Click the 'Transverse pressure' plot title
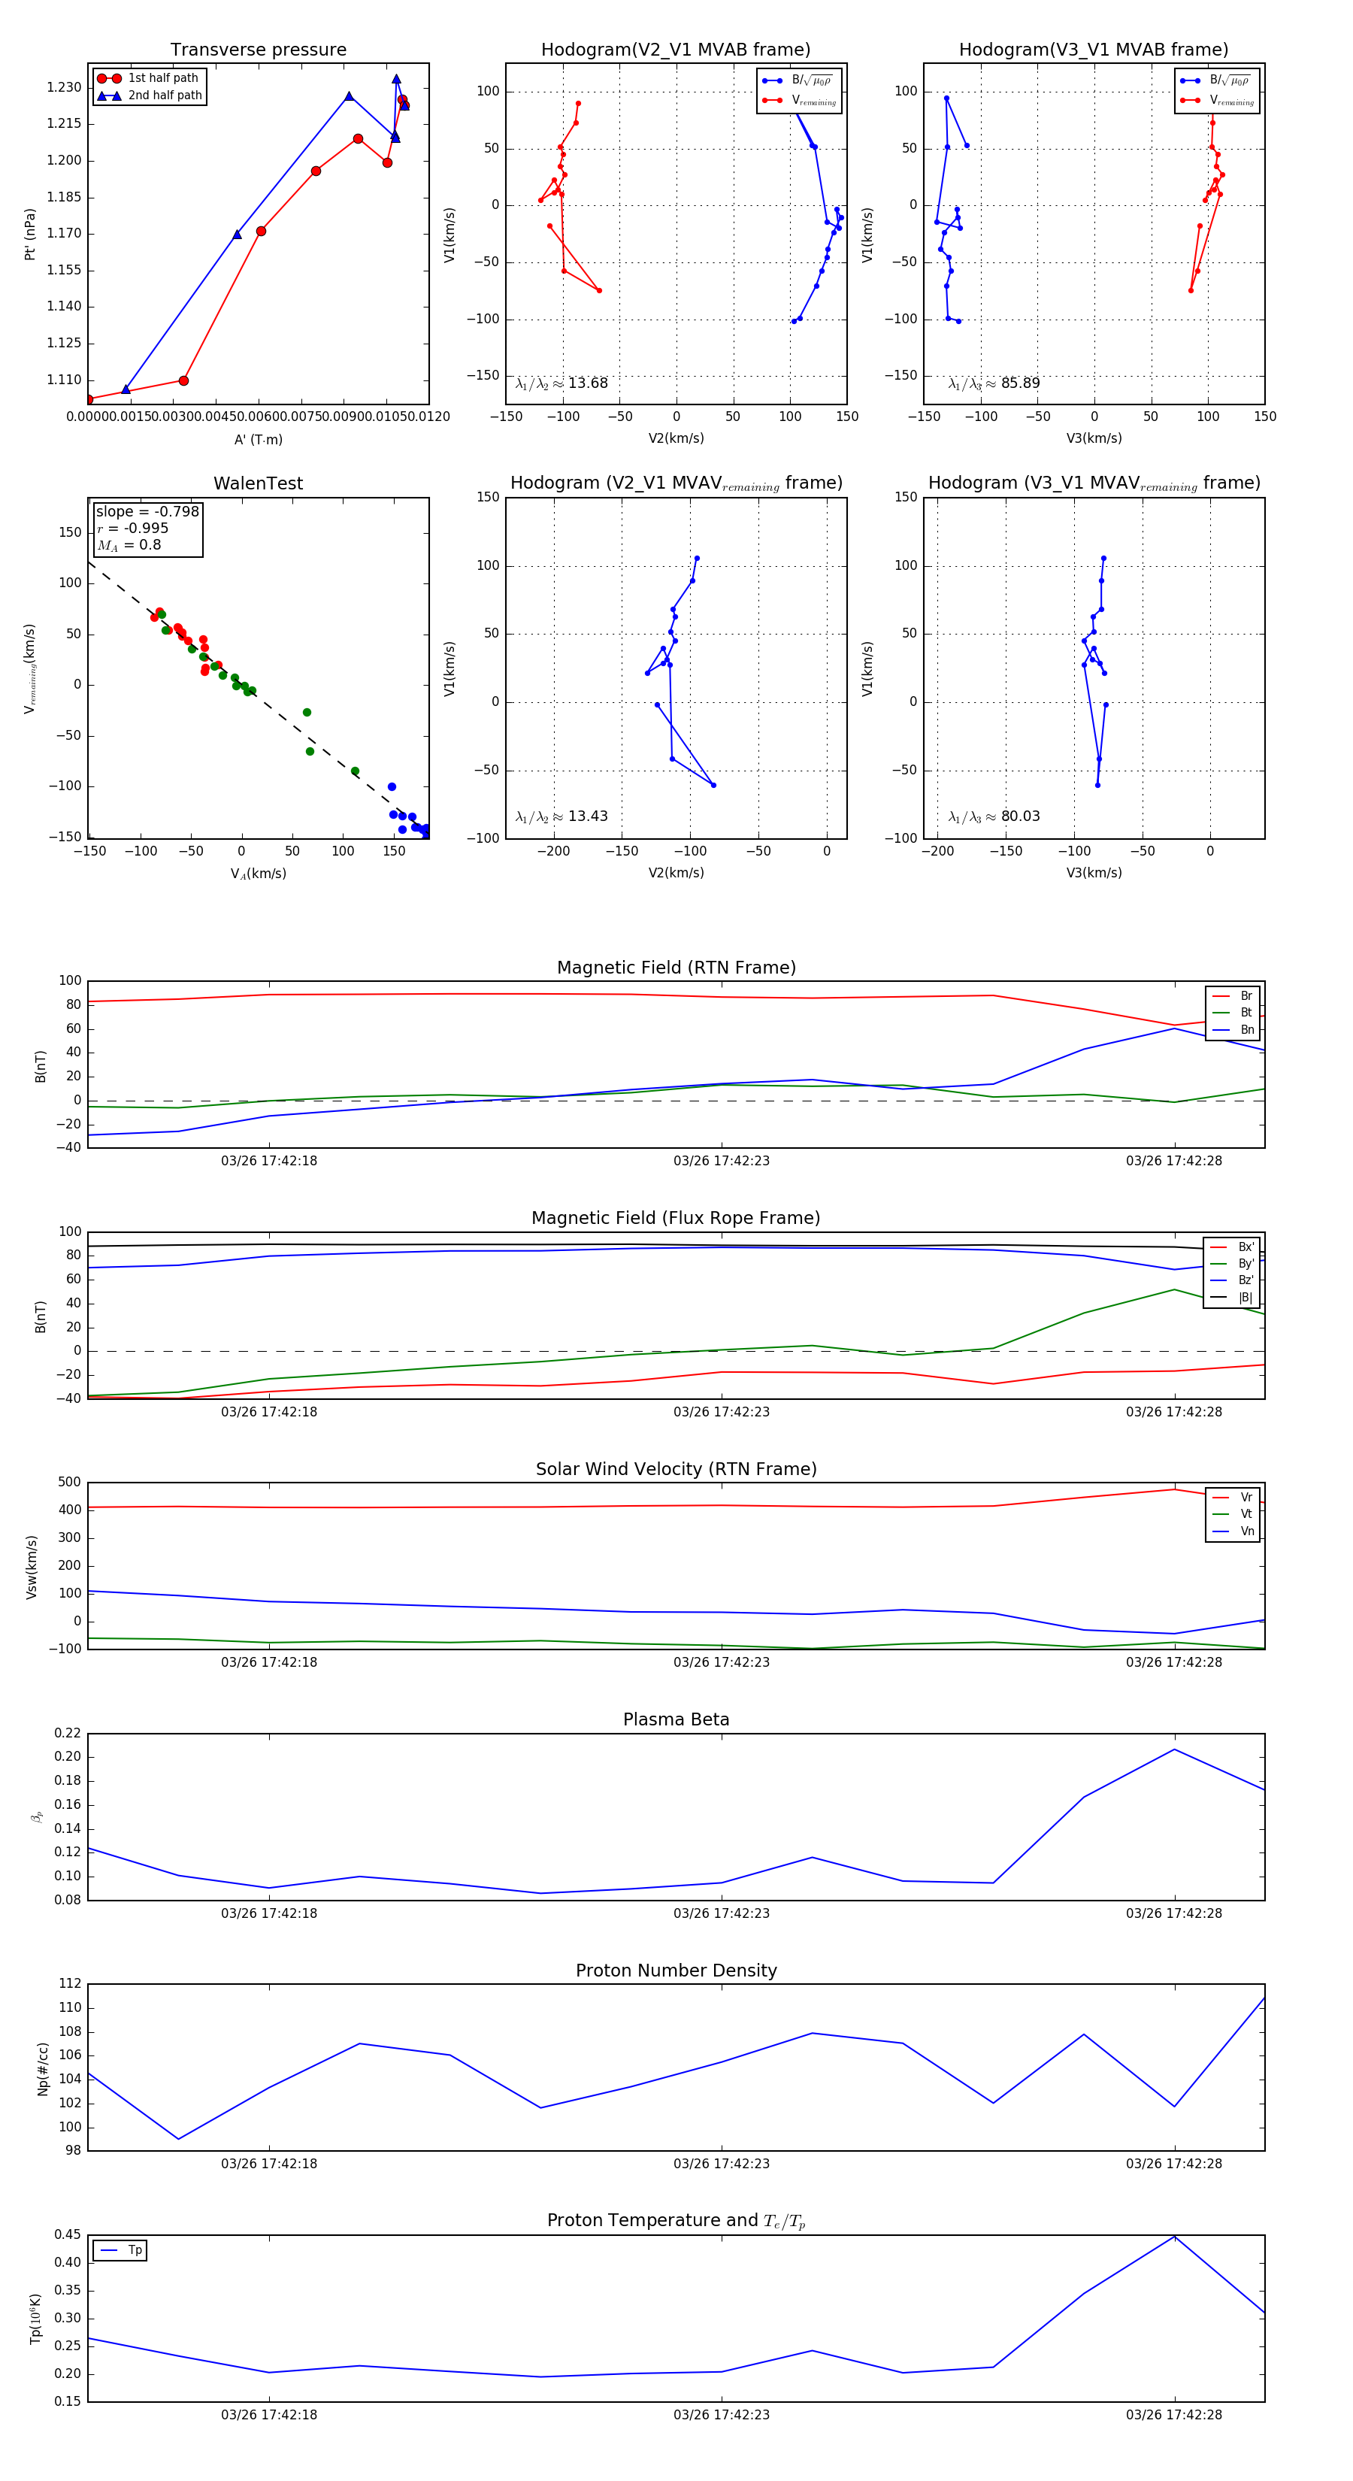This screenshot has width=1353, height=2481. [x=258, y=50]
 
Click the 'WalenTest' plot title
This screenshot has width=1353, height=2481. [x=258, y=483]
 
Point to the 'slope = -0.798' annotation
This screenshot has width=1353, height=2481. [x=147, y=511]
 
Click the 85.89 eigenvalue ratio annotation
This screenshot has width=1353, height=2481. [x=994, y=383]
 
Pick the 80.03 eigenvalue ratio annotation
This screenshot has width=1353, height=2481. [x=994, y=816]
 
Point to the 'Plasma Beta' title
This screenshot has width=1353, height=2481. [x=676, y=1719]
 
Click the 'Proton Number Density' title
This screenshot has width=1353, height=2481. [x=676, y=1970]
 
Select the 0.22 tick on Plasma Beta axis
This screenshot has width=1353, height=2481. [x=68, y=1734]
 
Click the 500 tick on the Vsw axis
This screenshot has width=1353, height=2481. [x=69, y=1483]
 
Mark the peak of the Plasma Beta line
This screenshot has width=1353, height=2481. [x=1174, y=1749]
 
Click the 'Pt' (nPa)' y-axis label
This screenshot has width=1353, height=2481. [x=30, y=234]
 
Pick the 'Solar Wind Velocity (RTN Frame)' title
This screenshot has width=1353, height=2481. [x=676, y=1469]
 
